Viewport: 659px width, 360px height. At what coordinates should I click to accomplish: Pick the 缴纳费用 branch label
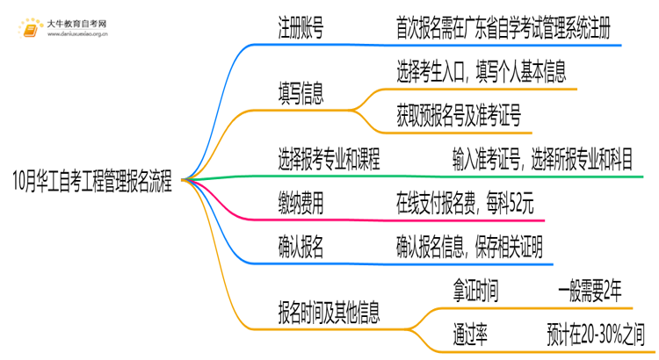coord(301,204)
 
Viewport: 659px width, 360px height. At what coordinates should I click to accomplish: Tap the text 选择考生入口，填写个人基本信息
coord(481,69)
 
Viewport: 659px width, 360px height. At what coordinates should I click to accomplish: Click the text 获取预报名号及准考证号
coord(460,112)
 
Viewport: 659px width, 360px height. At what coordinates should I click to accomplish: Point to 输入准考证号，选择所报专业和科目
coord(541,159)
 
